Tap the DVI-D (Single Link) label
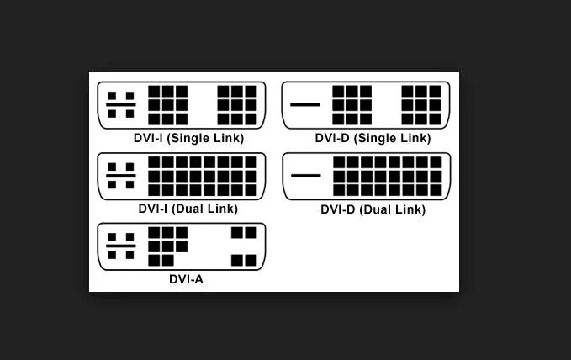coord(373,139)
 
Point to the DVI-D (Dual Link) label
coord(373,209)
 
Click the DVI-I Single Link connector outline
coord(182,105)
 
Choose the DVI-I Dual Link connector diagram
coord(182,176)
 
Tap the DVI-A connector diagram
coord(182,246)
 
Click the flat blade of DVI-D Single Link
coord(305,105)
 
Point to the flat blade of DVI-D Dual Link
coord(305,176)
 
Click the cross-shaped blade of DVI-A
coord(121,246)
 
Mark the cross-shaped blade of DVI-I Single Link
coord(121,105)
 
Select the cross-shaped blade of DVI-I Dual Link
coord(121,176)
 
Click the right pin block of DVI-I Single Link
coord(237,105)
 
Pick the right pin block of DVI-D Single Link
coord(420,105)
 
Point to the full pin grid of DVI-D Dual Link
coord(388,176)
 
